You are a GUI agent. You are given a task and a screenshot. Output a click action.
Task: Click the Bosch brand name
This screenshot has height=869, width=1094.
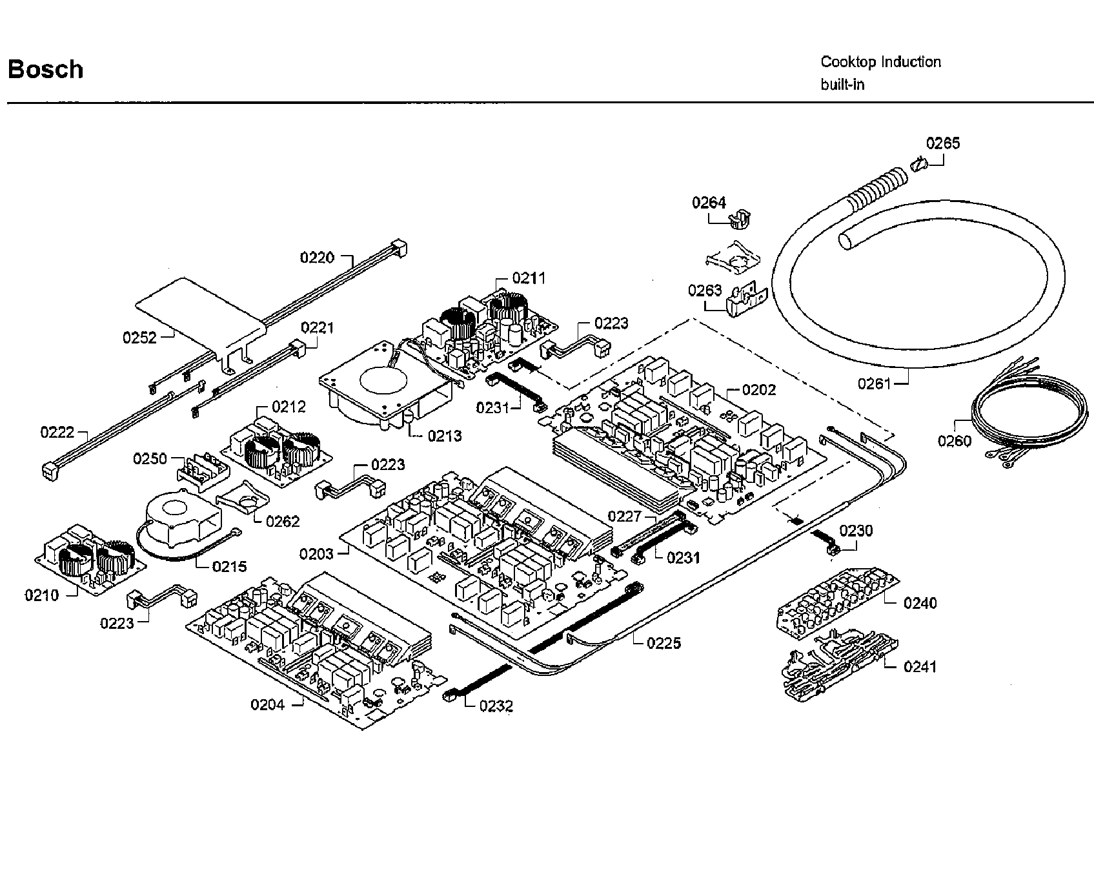tap(45, 69)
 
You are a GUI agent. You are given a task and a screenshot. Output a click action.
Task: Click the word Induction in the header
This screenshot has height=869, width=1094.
tap(911, 62)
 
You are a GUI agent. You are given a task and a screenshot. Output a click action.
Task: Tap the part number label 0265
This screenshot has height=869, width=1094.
tap(943, 143)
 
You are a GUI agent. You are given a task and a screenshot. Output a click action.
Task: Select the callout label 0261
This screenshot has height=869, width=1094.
tap(874, 383)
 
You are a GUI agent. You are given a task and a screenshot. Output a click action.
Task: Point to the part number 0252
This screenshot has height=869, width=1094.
tap(139, 338)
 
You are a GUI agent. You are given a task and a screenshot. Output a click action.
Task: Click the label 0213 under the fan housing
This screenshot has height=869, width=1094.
tap(445, 436)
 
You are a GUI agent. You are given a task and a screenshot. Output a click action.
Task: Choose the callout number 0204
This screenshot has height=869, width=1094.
tap(268, 704)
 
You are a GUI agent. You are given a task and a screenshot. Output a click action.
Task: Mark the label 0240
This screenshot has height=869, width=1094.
tap(920, 603)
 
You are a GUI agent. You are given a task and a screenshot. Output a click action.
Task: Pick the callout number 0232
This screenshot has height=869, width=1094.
tap(496, 706)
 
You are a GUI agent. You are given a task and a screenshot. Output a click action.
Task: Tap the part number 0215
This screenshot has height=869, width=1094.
tap(230, 566)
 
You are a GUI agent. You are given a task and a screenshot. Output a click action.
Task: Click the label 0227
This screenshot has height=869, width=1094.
tap(625, 516)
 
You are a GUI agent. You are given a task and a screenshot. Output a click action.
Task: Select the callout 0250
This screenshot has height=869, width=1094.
tap(150, 458)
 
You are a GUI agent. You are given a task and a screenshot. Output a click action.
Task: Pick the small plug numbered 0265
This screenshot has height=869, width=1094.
tap(918, 165)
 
